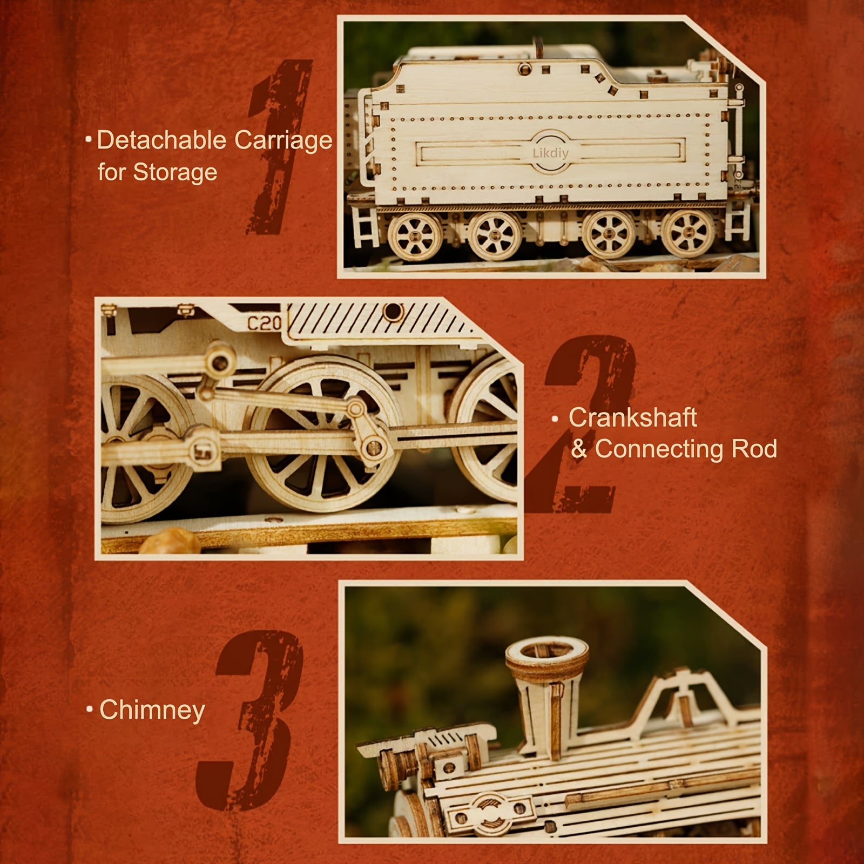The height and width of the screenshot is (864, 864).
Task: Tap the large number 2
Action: tap(583, 427)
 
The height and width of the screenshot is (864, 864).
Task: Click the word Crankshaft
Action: tap(632, 417)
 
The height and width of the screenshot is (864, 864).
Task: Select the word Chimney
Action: tap(152, 710)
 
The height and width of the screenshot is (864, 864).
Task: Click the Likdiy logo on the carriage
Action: tap(550, 153)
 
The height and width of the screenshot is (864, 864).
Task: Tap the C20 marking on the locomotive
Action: tap(265, 323)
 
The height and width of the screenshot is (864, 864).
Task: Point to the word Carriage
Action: tap(283, 140)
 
